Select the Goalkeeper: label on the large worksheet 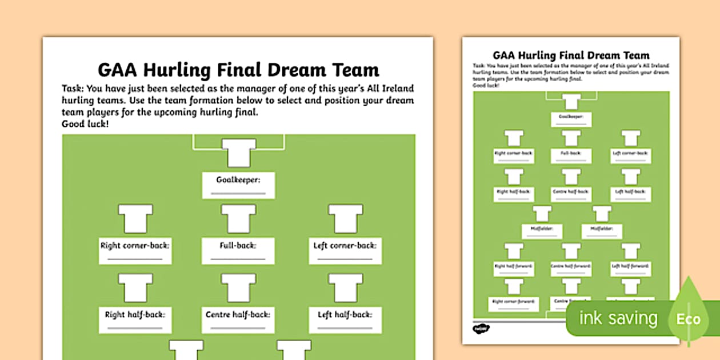coord(238,180)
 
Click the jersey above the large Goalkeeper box coord(238,153)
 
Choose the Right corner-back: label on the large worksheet coord(135,246)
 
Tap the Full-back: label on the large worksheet coord(238,246)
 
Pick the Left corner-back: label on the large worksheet coord(345,246)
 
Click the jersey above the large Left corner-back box coord(345,219)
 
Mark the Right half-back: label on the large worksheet coord(135,314)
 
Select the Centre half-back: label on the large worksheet coord(238,314)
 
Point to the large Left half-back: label coord(345,314)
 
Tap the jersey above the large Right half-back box coord(135,287)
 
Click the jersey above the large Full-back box coord(238,219)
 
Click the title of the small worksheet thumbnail coord(571,55)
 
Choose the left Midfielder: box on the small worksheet coord(542,231)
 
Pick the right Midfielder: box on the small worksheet coord(602,231)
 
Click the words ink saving coord(618,318)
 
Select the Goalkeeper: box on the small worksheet coord(571,119)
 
